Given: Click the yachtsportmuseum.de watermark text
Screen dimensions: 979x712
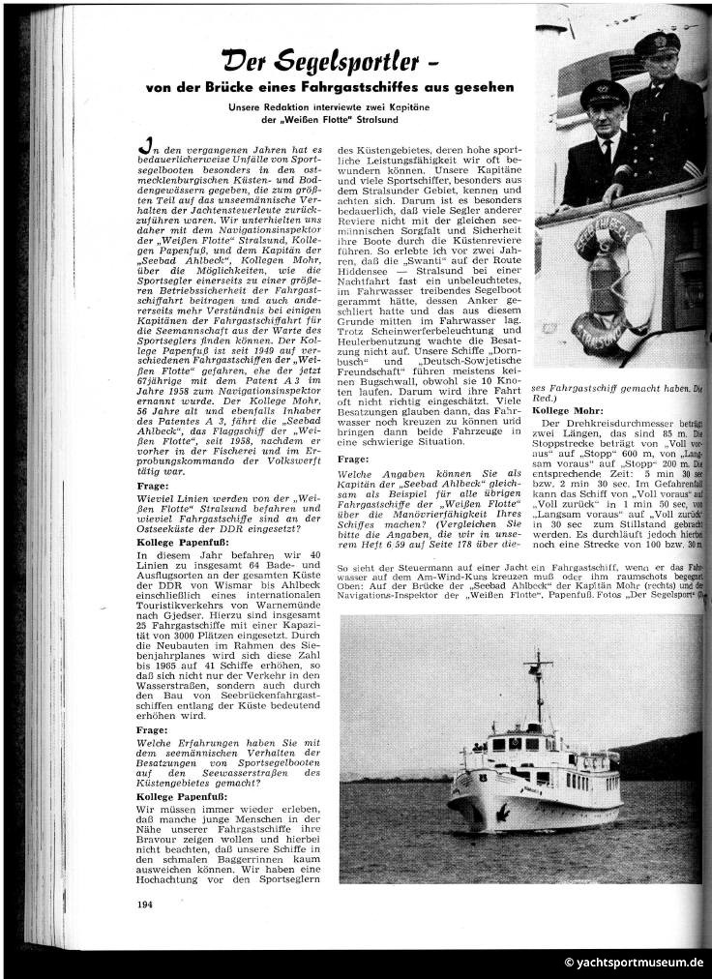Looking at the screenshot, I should (635, 963).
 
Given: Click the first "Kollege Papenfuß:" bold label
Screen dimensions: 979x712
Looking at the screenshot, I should (184, 543).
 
